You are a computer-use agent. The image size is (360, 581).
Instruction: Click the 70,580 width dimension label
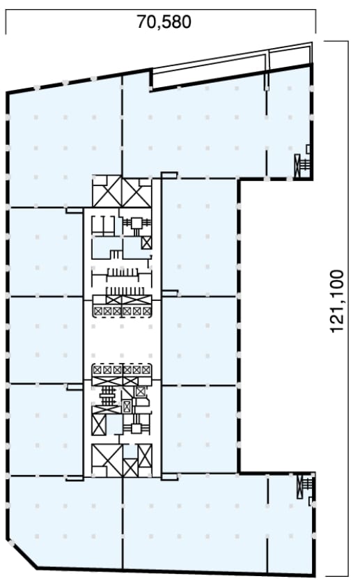pyautogui.click(x=164, y=22)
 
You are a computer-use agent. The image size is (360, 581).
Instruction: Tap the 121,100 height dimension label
pyautogui.click(x=336, y=301)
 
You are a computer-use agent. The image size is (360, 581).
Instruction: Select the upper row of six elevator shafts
pyautogui.click(x=122, y=311)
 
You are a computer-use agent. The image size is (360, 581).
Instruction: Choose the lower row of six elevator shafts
pyautogui.click(x=122, y=369)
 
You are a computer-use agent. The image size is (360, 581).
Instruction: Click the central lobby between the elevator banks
pyautogui.click(x=122, y=340)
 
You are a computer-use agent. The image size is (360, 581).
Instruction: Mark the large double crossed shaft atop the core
pyautogui.click(x=122, y=192)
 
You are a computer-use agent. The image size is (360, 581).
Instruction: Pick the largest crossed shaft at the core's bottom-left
pyautogui.click(x=107, y=460)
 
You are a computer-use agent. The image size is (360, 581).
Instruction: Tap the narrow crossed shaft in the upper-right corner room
pyautogui.click(x=297, y=166)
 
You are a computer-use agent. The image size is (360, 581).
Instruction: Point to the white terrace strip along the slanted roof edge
pyautogui.click(x=232, y=67)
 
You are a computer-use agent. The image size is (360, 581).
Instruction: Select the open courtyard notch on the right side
pyautogui.click(x=277, y=326)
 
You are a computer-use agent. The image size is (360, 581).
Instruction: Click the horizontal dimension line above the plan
pyautogui.click(x=161, y=10)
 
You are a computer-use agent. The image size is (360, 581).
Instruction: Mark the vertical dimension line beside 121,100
pyautogui.click(x=347, y=310)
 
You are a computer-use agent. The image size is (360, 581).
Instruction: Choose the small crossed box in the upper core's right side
pyautogui.click(x=147, y=242)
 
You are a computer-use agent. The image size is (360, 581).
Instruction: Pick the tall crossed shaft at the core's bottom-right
pyautogui.click(x=145, y=456)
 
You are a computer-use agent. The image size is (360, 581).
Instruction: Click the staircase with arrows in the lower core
pyautogui.click(x=108, y=396)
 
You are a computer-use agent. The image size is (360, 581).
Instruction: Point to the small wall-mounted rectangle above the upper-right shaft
pyautogui.click(x=308, y=148)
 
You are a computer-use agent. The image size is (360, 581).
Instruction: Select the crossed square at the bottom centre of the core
pyautogui.click(x=130, y=467)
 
